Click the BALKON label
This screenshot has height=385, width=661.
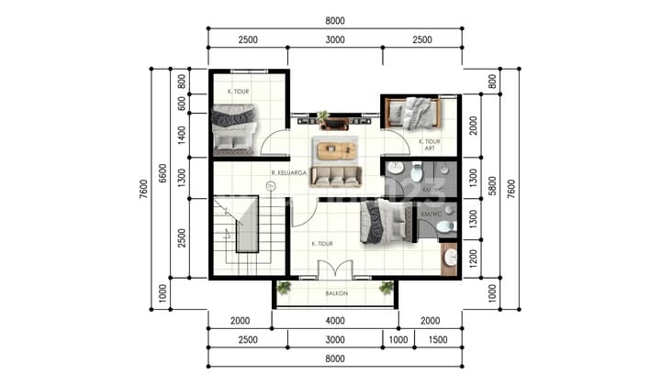pyautogui.click(x=334, y=294)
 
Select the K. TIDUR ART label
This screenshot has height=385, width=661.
pyautogui.click(x=429, y=144)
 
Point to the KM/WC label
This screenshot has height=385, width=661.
pyautogui.click(x=430, y=214)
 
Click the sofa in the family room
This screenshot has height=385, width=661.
pyautogui.click(x=335, y=175)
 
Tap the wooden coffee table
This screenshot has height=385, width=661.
pyautogui.click(x=335, y=148)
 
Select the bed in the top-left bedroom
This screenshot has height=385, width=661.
pyautogui.click(x=233, y=128)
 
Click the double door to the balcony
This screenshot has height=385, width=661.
pyautogui.click(x=334, y=270)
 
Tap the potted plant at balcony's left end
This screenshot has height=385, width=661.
pyautogui.click(x=284, y=288)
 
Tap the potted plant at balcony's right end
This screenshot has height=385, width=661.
pyautogui.click(x=387, y=288)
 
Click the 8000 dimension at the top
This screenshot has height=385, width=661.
pyautogui.click(x=334, y=21)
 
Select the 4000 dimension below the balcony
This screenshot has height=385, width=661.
pyautogui.click(x=334, y=320)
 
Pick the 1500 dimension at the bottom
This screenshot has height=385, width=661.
pyautogui.click(x=438, y=341)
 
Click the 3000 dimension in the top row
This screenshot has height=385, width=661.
pyautogui.click(x=334, y=40)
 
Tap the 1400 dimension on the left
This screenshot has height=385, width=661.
pyautogui.click(x=182, y=134)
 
